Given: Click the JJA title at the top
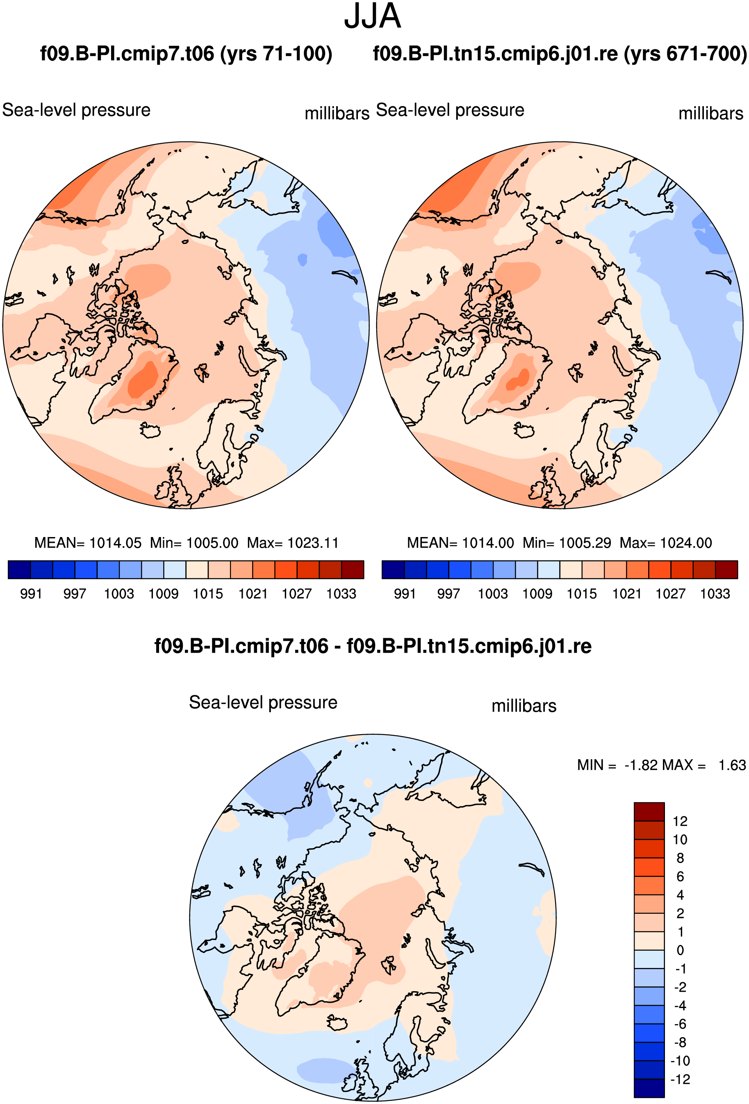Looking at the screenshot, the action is [372, 17].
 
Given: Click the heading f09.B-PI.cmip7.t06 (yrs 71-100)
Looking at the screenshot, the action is [186, 54].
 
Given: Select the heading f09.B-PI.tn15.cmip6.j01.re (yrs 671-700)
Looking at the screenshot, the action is [560, 54].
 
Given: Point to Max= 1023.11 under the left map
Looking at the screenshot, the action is [293, 542].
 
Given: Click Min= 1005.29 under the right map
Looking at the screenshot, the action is [567, 542].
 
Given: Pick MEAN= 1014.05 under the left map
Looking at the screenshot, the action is [88, 542].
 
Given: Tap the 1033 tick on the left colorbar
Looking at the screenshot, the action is [341, 593].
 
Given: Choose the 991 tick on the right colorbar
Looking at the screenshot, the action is [405, 593].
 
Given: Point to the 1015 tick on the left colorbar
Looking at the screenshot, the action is [208, 593].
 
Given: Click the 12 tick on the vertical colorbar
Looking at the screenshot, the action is [680, 821].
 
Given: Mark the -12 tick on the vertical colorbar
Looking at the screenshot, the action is [680, 1079].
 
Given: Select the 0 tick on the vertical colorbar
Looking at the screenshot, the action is [680, 950].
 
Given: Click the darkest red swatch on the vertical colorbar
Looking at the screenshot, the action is [649, 811].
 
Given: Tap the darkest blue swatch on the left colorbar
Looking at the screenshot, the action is [19, 569].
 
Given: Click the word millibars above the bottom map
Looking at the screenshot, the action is [524, 706].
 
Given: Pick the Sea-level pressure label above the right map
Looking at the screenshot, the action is [450, 110].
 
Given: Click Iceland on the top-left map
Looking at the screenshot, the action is [150, 431].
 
